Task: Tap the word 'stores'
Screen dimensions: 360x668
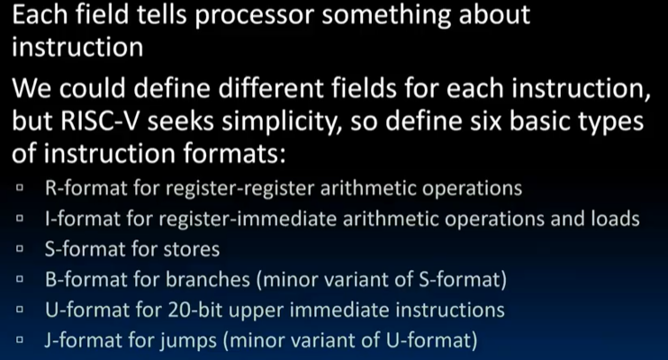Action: (192, 248)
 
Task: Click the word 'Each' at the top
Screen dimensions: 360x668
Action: (33, 15)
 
